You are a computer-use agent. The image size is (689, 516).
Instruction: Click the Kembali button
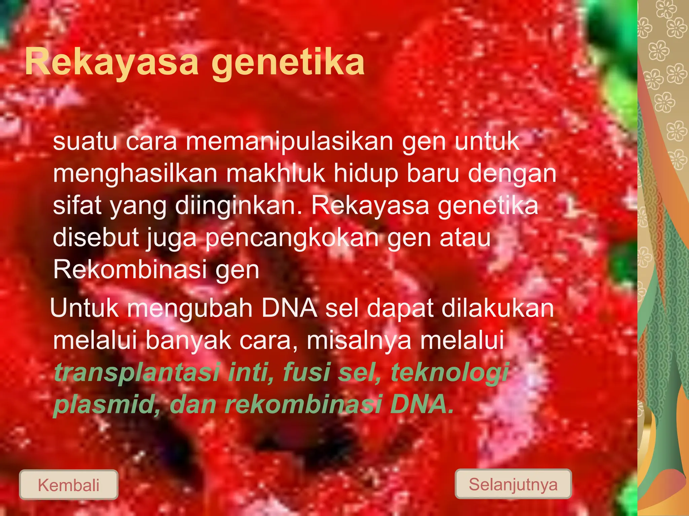click(x=69, y=485)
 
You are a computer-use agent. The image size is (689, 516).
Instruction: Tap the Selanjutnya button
click(x=513, y=484)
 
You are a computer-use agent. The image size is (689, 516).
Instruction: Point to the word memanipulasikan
click(x=289, y=142)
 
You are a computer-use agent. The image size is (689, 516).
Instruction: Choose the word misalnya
click(x=359, y=341)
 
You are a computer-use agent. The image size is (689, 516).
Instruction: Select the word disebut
click(x=96, y=238)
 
